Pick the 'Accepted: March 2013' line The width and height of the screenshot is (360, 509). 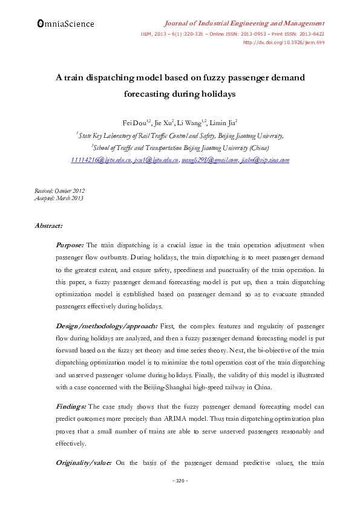pos(59,198)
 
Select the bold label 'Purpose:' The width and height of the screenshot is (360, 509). pos(70,245)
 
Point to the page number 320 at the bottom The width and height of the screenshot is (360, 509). pos(180,481)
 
